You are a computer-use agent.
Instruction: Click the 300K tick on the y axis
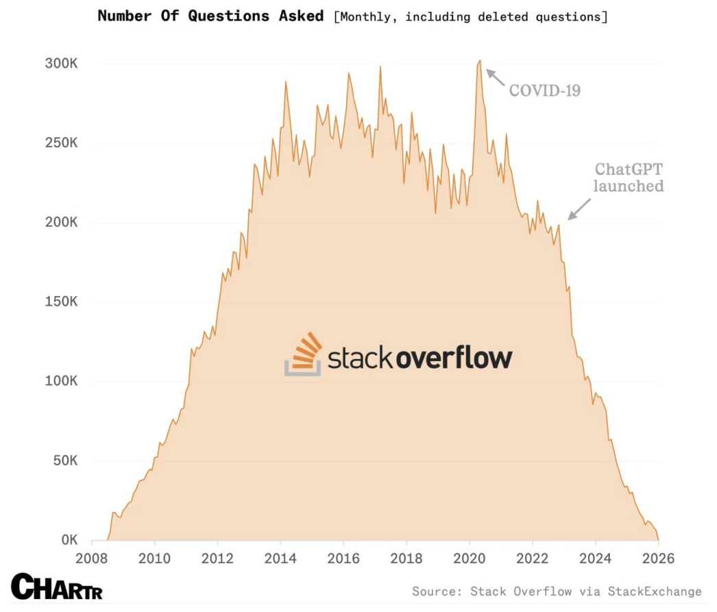click(61, 63)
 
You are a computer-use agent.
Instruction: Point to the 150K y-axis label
click(61, 302)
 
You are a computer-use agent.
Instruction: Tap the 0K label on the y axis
click(69, 540)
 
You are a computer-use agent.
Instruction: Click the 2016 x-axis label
click(343, 558)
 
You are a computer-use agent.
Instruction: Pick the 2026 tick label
click(658, 558)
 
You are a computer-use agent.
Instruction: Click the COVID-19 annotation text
click(545, 90)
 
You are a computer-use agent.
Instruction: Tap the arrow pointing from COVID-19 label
click(495, 77)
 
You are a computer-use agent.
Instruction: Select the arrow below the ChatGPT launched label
click(579, 209)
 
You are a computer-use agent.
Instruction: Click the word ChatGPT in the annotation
click(629, 169)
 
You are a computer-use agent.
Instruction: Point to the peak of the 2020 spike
click(479, 60)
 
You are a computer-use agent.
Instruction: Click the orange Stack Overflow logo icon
click(303, 354)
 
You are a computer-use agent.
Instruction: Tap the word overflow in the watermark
click(454, 357)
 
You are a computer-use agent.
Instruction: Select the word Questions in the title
click(229, 16)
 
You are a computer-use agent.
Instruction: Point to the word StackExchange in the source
click(655, 591)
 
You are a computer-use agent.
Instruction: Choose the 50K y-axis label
click(65, 461)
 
